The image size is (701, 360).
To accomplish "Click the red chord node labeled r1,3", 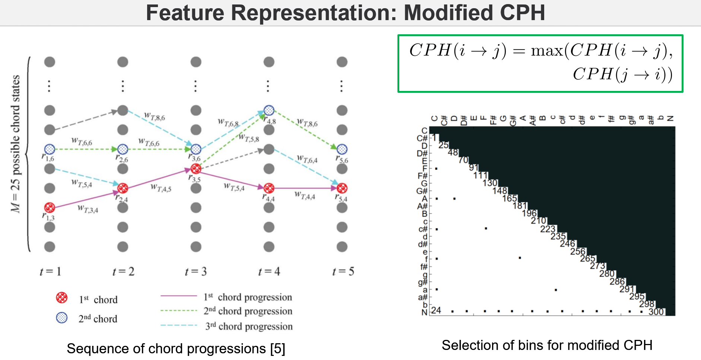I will tap(50, 207).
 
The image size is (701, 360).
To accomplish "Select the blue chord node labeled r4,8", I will tap(269, 110).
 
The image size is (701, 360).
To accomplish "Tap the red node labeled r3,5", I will tap(196, 168).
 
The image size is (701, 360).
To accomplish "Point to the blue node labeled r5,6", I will tap(342, 149).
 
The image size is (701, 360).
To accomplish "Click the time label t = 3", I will tap(196, 271).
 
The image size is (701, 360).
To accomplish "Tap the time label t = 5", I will tap(343, 271).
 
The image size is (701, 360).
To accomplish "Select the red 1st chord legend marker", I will tap(62, 298).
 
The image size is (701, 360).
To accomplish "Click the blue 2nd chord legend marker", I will tap(62, 318).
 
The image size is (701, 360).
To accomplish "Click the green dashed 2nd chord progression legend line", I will tap(179, 310).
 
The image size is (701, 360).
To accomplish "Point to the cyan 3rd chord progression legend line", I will tap(179, 325).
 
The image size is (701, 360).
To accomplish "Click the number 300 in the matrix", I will tap(656, 312).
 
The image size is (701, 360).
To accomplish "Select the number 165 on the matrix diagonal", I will tap(509, 198).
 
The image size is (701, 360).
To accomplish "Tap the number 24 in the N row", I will tap(436, 310).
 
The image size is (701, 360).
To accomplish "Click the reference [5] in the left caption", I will tap(277, 349).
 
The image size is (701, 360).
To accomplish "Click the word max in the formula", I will tap(547, 50).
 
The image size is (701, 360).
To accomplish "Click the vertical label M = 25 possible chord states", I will tap(15, 143).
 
